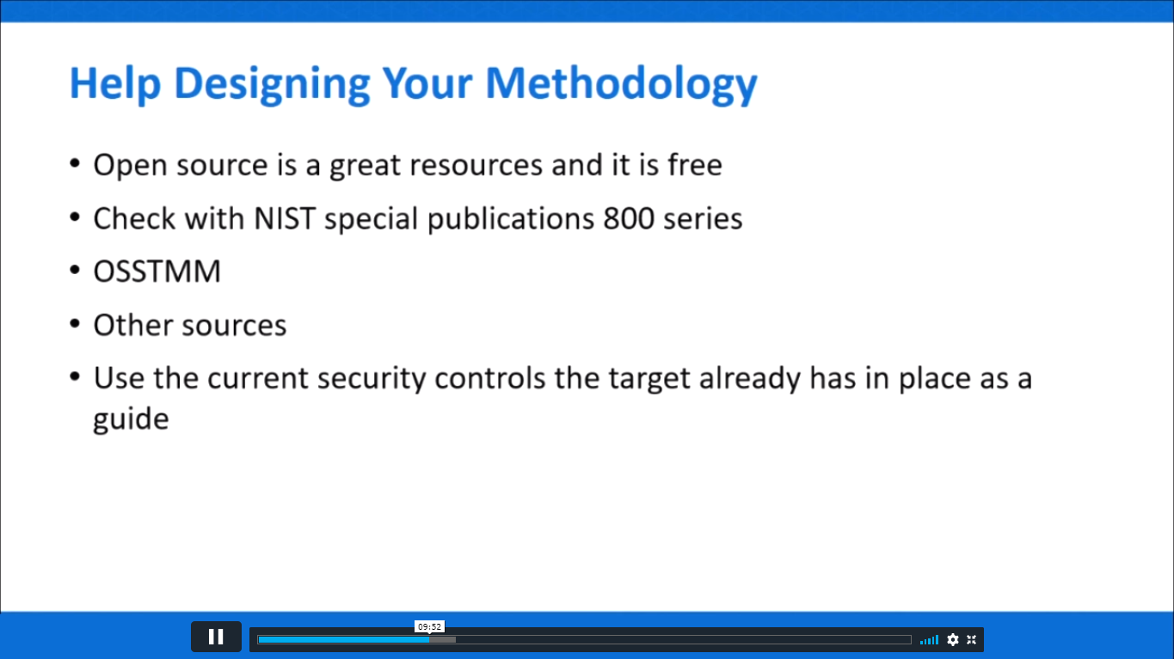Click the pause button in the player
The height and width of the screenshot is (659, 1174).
tap(216, 637)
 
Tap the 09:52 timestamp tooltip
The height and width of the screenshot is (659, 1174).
tap(429, 627)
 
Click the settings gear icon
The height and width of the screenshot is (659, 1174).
tap(952, 639)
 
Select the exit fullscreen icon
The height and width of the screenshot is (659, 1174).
tap(971, 639)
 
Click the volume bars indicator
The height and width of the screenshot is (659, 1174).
tap(929, 639)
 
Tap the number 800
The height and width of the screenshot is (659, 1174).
tap(628, 218)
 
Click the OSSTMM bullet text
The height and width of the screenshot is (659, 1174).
tap(157, 272)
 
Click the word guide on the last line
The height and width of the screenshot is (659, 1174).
tap(130, 419)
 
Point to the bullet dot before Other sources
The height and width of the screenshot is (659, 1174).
tap(76, 324)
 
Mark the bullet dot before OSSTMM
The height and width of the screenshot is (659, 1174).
tap(76, 271)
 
